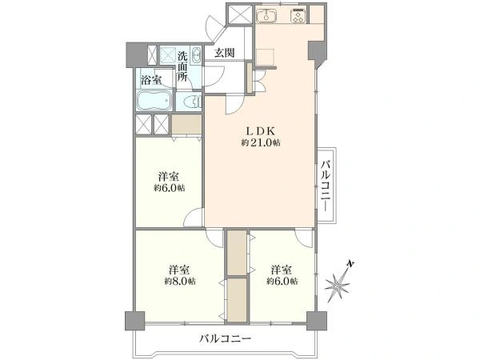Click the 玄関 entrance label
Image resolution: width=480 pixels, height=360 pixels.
tap(223, 54)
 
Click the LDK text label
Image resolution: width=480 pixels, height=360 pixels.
tap(259, 130)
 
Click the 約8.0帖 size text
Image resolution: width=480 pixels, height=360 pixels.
tap(178, 282)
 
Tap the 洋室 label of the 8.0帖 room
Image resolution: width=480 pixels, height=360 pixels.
tap(179, 269)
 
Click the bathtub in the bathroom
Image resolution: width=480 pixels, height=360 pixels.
tap(154, 102)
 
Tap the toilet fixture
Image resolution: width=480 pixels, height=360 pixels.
tap(190, 102)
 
